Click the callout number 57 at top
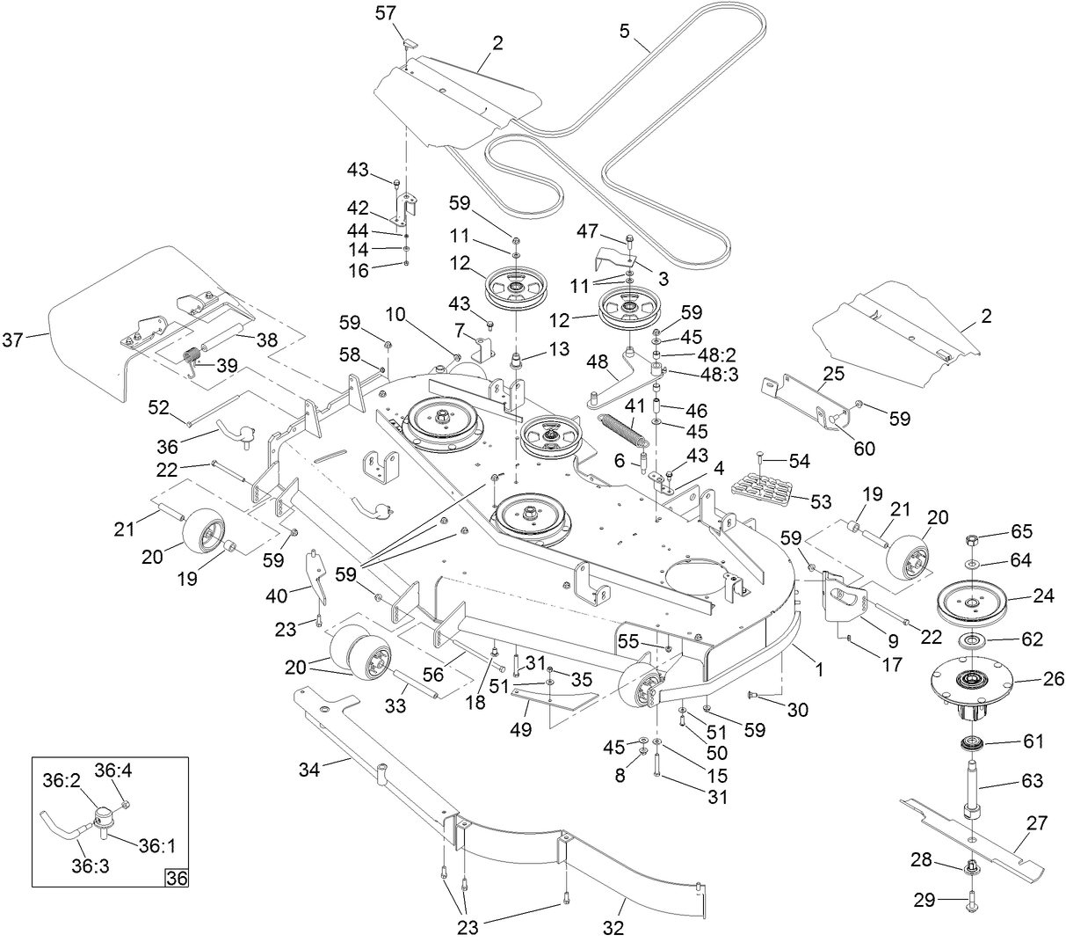(386, 13)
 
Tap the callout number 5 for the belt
(625, 32)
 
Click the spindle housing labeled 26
(975, 680)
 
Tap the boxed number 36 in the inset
(177, 877)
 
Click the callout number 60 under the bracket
(865, 449)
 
